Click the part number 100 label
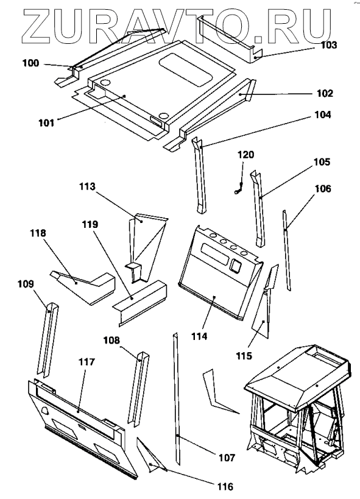coord(30,63)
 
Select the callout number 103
coord(328,45)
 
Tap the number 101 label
coord(46,122)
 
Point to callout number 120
coord(245,155)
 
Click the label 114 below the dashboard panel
coord(199,336)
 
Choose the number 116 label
coord(225,486)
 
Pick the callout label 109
coord(26,283)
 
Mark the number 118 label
coord(38,233)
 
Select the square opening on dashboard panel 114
coord(236,265)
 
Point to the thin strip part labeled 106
coord(286,250)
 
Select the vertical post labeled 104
coord(199,175)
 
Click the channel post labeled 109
coord(48,339)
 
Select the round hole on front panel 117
coord(45,411)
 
